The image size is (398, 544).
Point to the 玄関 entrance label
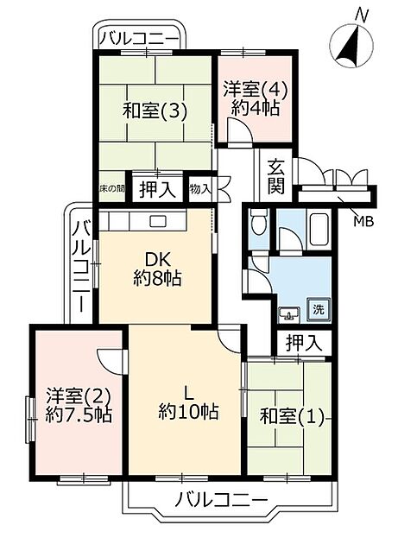276,176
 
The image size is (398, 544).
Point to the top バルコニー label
139,38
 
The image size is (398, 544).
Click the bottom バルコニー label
220,498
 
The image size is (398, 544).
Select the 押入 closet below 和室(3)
157,188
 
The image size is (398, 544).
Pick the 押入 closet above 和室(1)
303,342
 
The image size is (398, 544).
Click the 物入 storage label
199,188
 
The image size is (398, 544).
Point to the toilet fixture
257,226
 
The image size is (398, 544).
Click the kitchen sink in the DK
157,221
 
